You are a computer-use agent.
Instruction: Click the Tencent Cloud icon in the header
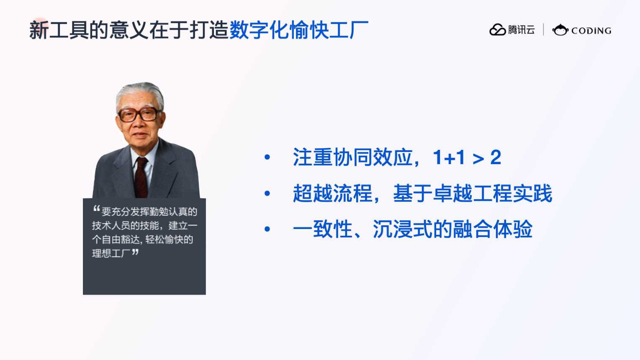click(497, 30)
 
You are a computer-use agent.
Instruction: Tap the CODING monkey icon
click(560, 30)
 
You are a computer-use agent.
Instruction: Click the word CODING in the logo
click(591, 31)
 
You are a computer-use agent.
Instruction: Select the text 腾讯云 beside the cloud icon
click(521, 30)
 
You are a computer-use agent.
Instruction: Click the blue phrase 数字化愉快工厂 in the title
click(299, 30)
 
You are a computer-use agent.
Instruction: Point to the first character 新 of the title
click(39, 30)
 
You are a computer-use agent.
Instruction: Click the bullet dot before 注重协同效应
click(267, 157)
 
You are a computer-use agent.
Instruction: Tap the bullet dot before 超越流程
click(267, 193)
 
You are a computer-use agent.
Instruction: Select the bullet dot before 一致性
click(267, 229)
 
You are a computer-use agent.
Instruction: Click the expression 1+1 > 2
click(467, 157)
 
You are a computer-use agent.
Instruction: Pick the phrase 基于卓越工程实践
click(473, 193)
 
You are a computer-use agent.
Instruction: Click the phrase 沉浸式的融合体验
click(452, 229)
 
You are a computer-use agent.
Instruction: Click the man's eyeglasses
click(139, 115)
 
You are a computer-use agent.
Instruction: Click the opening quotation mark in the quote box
click(97, 208)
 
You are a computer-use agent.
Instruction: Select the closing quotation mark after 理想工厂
click(135, 252)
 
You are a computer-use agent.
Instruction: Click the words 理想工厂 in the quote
click(111, 253)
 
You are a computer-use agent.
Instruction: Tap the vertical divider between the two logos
click(543, 30)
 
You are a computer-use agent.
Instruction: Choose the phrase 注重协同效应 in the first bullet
click(352, 157)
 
